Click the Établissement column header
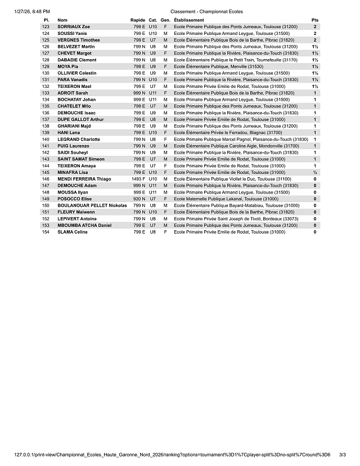[189, 20]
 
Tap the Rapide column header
[138, 20]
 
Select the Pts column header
[314, 20]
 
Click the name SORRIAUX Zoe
[74, 27]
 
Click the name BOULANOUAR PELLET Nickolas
[92, 205]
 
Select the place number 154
[46, 232]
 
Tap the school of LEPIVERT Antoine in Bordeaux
[236, 219]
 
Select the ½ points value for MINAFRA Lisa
[314, 172]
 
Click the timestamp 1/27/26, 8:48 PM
[33, 11]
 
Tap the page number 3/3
[343, 454]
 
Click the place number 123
[46, 27]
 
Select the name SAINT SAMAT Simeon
[81, 159]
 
